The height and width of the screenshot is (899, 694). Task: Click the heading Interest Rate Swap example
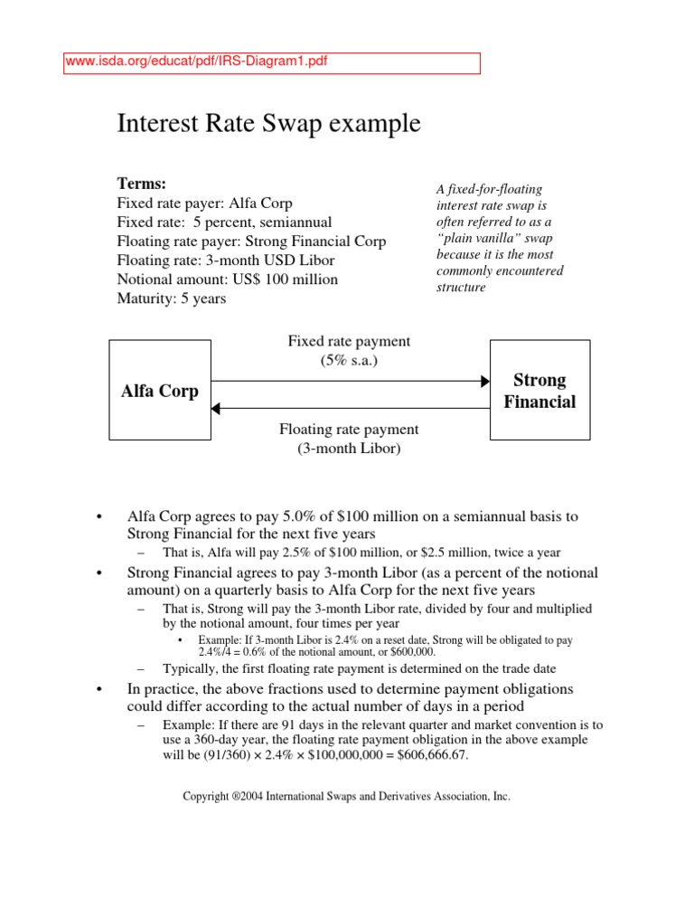268,124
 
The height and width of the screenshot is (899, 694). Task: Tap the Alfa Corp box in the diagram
160,391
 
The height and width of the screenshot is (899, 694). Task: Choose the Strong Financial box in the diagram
539,391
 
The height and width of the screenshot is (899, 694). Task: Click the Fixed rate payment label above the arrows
349,341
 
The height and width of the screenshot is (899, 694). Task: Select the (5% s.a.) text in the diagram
349,360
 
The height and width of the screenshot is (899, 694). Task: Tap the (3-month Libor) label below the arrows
349,448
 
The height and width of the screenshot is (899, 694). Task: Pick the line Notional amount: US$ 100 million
228,279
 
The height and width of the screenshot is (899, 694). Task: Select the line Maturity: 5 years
172,298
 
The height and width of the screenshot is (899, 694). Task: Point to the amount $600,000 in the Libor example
408,651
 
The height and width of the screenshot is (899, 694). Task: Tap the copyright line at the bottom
346,797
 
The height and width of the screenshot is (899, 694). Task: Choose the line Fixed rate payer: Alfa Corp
205,203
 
